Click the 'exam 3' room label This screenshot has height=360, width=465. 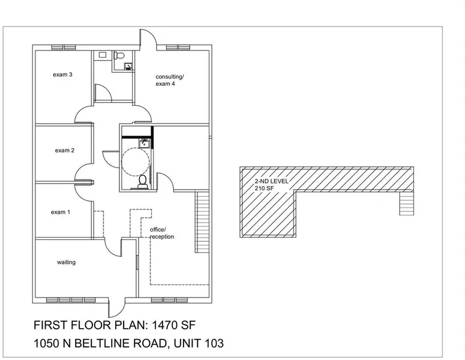[x=62, y=75]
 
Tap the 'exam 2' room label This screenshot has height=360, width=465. [x=64, y=150]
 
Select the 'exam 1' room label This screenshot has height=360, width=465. [x=60, y=212]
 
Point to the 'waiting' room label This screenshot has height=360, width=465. [x=66, y=262]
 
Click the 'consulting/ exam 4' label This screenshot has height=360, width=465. [x=170, y=80]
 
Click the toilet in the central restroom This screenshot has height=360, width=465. [x=142, y=181]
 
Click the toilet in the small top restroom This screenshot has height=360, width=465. [x=118, y=56]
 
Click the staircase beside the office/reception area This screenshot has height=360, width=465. [x=202, y=223]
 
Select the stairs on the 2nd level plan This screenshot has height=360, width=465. [x=406, y=203]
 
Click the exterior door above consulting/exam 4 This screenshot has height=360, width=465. [x=148, y=41]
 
